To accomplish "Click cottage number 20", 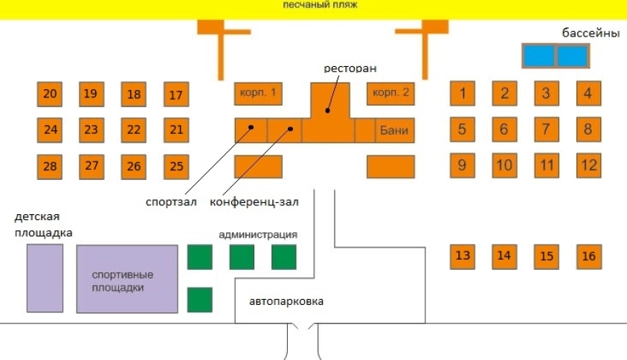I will [50, 94].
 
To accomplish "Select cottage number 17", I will [176, 94].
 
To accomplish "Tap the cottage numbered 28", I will [50, 166].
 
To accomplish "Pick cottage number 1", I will [463, 94].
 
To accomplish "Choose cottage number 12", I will [588, 164].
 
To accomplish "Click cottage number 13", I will [463, 257].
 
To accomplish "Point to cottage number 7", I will [546, 129].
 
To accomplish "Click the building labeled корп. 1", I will [258, 94].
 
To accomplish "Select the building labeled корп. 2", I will [390, 94].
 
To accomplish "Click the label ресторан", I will [350, 68].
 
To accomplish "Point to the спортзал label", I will [173, 202].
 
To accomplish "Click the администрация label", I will [258, 235].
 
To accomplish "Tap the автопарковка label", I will [287, 301].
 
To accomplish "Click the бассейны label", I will [591, 33].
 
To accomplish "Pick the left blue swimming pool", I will [538, 56].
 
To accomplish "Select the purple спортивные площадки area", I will [127, 279].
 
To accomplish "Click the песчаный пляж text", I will [321, 5].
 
